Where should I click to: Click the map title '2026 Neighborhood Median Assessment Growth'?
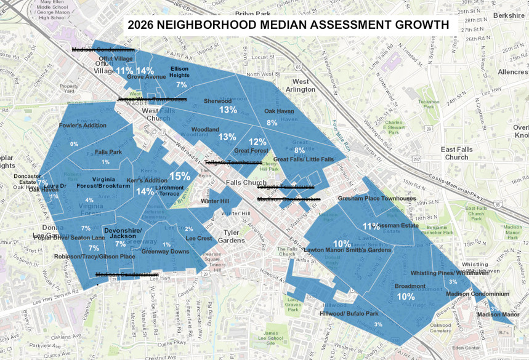288,25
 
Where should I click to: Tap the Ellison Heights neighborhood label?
179,72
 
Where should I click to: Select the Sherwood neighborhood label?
217,101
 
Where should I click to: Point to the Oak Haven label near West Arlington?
279,111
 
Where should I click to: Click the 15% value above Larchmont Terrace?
179,176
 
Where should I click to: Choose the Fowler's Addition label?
83,126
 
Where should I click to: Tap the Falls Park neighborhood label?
108,152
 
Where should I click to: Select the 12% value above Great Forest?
257,142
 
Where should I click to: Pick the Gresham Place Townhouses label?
376,199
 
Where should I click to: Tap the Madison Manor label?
498,314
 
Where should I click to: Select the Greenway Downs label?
165,252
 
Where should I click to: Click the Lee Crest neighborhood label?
199,238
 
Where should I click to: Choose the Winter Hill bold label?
215,201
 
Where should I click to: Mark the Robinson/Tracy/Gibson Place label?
94,257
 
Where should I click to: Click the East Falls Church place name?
456,153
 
